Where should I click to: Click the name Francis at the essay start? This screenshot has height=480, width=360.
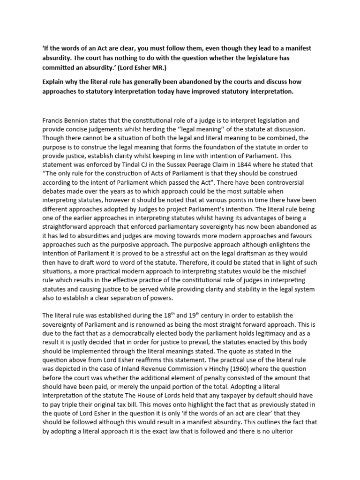[53, 120]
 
